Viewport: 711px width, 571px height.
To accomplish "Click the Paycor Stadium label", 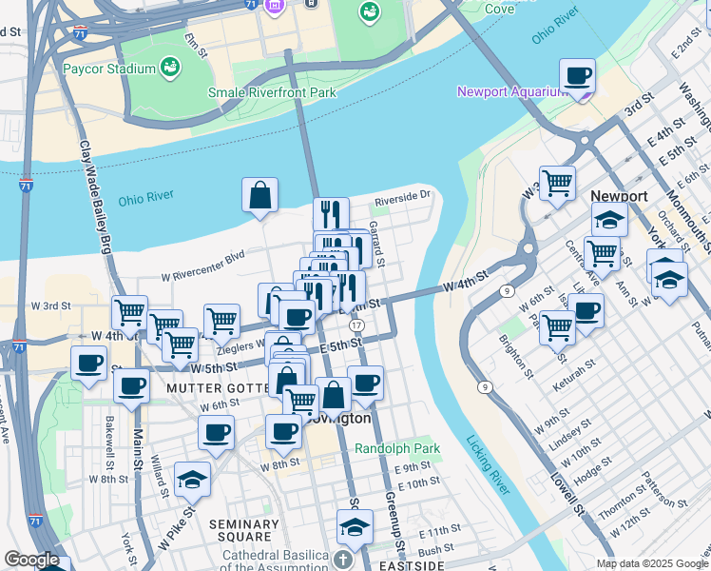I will tap(108, 69).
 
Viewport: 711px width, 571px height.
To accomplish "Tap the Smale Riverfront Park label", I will tap(273, 93).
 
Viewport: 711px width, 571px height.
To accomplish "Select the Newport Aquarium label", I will tap(511, 92).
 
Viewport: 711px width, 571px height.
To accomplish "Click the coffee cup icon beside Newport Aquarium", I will tap(577, 75).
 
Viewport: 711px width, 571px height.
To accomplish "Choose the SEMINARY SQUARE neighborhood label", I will tap(243, 531).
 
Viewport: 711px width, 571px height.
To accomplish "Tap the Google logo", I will tap(31, 560).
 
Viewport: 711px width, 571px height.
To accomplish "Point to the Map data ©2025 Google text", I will tap(651, 562).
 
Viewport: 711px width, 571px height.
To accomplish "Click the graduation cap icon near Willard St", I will tap(192, 480).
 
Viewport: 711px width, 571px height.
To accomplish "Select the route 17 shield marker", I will tap(355, 325).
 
